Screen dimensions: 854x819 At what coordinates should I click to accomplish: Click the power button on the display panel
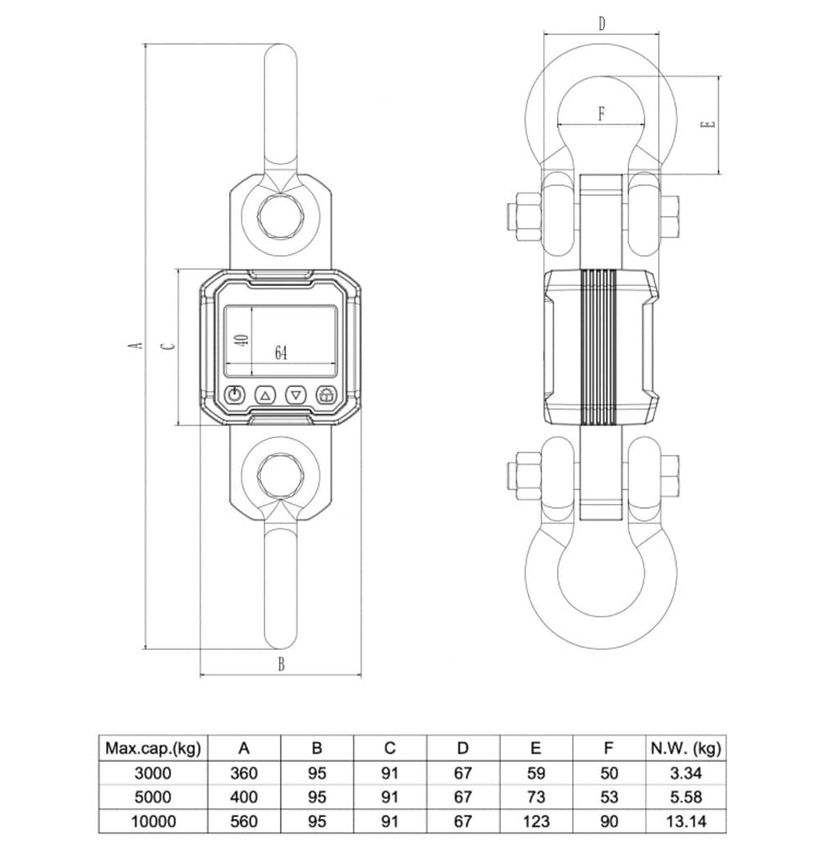click(x=235, y=395)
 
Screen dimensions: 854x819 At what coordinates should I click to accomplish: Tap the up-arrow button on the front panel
click(x=265, y=395)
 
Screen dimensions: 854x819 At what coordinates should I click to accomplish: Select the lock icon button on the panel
click(x=327, y=395)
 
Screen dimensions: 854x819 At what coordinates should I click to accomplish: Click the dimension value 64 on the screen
click(x=281, y=352)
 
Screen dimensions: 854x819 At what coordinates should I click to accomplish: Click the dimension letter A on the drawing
click(x=138, y=345)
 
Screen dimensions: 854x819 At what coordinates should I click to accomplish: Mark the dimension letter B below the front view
click(x=281, y=665)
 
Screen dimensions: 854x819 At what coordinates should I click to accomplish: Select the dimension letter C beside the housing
click(x=170, y=345)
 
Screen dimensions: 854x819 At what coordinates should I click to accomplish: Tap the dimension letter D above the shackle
click(x=601, y=24)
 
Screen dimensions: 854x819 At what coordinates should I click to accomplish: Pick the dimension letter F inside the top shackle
click(x=601, y=114)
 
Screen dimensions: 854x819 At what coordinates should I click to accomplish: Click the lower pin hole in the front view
click(x=281, y=474)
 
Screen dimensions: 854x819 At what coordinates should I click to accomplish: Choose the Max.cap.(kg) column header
click(x=153, y=747)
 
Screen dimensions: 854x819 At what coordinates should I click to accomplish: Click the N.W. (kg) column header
click(x=685, y=747)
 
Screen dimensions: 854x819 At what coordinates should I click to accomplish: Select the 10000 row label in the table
click(x=153, y=821)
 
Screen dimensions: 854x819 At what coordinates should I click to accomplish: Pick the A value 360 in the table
click(x=244, y=773)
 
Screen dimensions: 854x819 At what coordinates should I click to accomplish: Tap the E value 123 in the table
click(x=536, y=821)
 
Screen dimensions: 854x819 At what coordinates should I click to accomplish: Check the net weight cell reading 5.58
click(x=685, y=797)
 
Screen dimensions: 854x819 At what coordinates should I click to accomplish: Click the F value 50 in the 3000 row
click(x=609, y=773)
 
